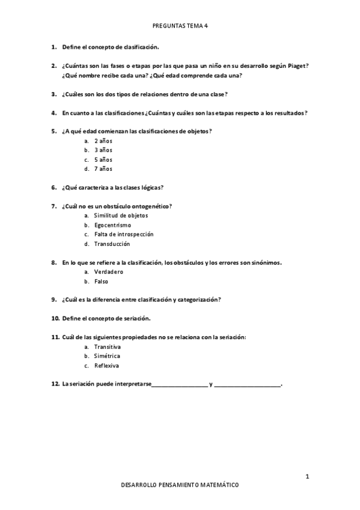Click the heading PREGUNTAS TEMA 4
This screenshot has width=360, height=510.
pos(180,26)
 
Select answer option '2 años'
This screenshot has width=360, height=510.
pos(103,141)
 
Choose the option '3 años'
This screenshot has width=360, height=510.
pos(103,150)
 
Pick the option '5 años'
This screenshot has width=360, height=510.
pos(103,159)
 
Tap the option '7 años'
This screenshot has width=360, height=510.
pos(103,169)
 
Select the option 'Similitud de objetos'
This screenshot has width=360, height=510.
pos(121,215)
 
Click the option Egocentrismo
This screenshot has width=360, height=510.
pos(112,225)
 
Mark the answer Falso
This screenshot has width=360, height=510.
pos(101,281)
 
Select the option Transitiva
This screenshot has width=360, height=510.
pos(108,346)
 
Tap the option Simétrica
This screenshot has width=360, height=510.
pos(108,356)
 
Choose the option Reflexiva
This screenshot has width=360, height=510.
pos(107,366)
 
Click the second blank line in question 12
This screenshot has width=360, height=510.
pos(247,385)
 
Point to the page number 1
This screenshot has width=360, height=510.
pos(307,477)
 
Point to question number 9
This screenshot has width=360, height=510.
pos(55,300)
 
